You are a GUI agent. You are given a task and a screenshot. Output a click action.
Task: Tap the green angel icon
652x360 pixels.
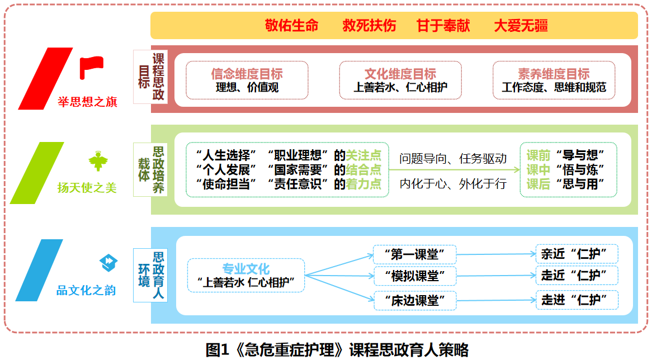click(x=97, y=162)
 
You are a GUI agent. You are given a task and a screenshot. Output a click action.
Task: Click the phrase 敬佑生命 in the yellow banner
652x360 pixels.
click(x=291, y=26)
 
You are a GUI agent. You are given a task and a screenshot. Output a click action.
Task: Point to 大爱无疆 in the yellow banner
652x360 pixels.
click(x=520, y=26)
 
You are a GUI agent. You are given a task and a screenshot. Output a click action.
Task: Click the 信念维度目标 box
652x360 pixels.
click(x=247, y=80)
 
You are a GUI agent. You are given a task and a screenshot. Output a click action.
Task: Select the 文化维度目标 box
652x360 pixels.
click(x=400, y=80)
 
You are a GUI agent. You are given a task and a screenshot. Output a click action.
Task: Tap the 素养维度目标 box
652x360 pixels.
click(x=554, y=80)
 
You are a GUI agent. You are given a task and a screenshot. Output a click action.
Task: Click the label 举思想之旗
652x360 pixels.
click(x=87, y=102)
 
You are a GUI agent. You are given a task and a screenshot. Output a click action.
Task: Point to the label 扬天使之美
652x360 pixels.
click(x=87, y=188)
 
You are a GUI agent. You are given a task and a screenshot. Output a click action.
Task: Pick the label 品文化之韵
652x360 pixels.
click(x=86, y=291)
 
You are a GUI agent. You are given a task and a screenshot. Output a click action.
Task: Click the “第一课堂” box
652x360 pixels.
click(x=414, y=254)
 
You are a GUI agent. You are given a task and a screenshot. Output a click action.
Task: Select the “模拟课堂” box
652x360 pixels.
click(x=414, y=276)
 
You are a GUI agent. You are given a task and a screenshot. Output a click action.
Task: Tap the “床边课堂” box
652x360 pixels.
click(x=414, y=301)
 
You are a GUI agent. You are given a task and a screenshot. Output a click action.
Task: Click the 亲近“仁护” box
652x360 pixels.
click(x=577, y=254)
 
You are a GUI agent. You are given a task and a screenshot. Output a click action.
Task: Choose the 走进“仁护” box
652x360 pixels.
click(x=577, y=300)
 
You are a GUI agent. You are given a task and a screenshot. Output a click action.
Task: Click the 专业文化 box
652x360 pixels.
click(x=246, y=275)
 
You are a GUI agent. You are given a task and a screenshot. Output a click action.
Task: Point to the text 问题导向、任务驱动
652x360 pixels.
click(x=453, y=158)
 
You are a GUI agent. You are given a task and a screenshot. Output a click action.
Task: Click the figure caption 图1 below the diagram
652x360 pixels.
click(x=337, y=349)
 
